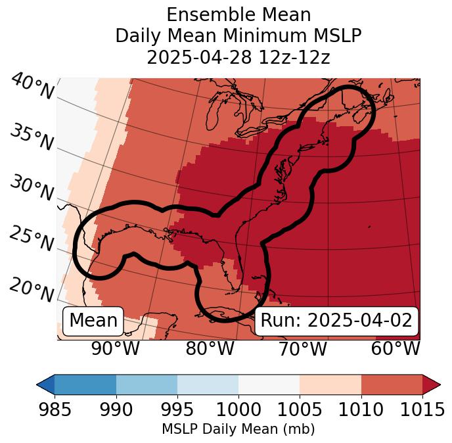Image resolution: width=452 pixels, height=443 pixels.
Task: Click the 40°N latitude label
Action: coord(32,87)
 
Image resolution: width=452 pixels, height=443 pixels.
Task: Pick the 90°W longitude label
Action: coord(115,349)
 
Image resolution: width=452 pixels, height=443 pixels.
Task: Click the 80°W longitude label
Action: coord(210,349)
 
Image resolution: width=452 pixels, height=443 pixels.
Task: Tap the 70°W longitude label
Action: coord(303,349)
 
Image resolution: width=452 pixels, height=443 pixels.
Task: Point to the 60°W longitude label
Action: coord(395,349)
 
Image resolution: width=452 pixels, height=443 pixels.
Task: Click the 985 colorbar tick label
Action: coord(55,409)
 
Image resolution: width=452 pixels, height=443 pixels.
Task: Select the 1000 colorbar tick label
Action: coord(238,409)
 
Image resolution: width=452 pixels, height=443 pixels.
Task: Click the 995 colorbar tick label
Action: coord(177,409)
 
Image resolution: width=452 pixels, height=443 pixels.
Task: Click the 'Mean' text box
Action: coord(93,321)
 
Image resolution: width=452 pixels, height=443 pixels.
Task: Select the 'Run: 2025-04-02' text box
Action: coord(336,321)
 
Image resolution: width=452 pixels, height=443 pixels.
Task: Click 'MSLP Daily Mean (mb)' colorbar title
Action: coord(238,430)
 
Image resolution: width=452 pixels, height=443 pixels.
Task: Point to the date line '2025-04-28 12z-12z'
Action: coord(238,57)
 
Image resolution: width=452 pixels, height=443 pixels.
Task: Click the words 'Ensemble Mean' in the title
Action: coord(238,14)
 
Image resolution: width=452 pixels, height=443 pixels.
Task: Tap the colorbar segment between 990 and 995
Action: coord(147,384)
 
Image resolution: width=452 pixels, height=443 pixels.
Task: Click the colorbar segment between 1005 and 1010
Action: coord(330,384)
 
